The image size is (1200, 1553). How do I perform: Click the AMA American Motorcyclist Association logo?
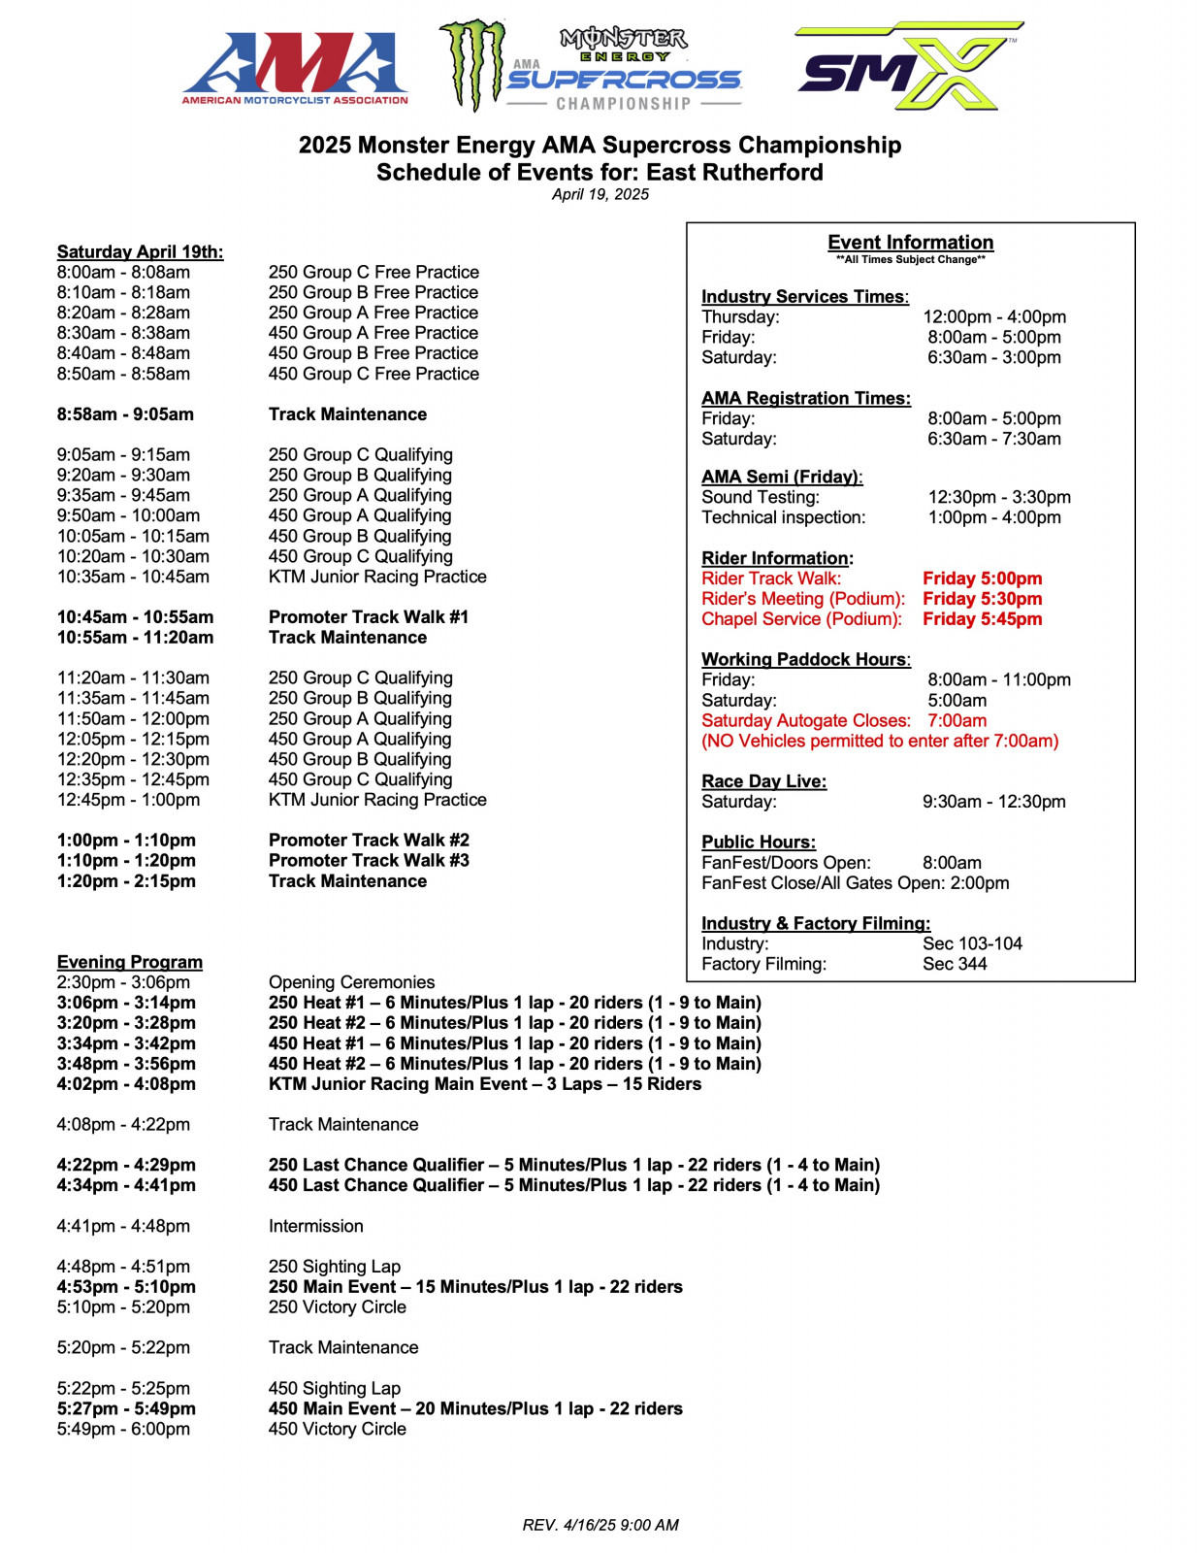(295, 68)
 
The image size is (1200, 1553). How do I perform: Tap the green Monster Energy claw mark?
(472, 64)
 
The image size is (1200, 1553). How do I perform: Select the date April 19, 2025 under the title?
(600, 194)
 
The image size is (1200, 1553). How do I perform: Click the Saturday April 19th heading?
(140, 251)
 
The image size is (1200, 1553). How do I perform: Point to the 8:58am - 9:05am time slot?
(125, 414)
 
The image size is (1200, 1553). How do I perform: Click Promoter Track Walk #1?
(368, 617)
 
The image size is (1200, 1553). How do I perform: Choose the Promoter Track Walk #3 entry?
(368, 861)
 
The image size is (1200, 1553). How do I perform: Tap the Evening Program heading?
(129, 962)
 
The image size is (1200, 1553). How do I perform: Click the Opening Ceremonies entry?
(351, 982)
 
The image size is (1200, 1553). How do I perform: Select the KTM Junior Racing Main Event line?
(484, 1084)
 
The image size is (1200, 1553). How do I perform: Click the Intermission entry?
(315, 1226)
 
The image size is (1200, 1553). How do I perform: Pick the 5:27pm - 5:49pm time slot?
(126, 1408)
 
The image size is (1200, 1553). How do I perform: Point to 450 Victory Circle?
(337, 1429)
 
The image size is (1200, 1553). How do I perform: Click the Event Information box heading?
(910, 243)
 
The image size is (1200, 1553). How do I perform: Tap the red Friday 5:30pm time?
(982, 599)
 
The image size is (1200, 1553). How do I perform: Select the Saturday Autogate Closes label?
(805, 720)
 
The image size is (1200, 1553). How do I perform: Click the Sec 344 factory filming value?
(954, 964)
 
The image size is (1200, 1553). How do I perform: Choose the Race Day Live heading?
(763, 781)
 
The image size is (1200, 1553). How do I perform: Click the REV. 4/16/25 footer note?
(600, 1525)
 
